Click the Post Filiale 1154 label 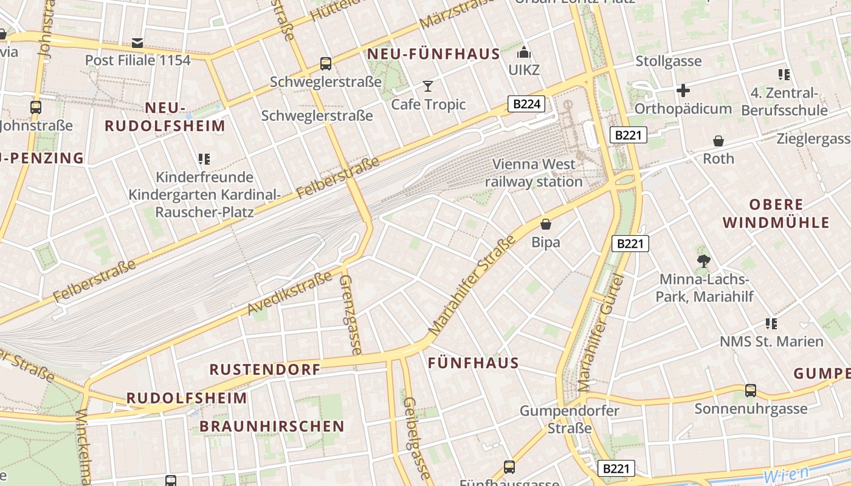137,60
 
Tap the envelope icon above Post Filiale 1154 137,43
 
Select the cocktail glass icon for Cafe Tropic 428,86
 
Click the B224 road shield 526,104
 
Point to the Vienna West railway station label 534,173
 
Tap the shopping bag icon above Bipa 546,224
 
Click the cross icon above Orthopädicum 683,91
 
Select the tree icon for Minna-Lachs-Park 704,261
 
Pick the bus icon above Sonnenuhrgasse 751,390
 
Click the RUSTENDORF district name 265,369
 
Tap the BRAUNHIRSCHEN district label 272,426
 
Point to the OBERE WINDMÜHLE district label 776,213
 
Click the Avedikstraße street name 290,293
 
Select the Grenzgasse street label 351,315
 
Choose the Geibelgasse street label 416,437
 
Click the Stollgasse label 669,61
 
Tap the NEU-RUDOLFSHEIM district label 165,117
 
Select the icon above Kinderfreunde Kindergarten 204,159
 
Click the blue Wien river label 787,473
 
